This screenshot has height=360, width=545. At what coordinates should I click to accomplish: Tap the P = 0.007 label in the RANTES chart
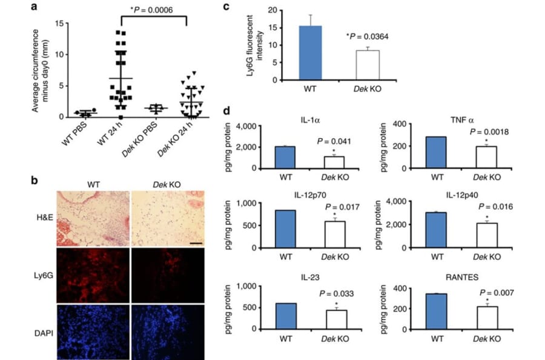click(495, 293)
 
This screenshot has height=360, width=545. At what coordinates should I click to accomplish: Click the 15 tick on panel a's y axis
click(59, 22)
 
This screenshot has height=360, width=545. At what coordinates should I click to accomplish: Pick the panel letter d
click(226, 112)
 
